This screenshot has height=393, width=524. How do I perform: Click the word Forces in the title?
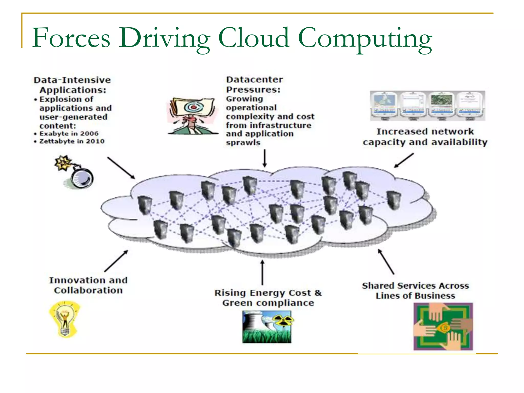(71, 38)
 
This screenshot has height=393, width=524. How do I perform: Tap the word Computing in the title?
(365, 38)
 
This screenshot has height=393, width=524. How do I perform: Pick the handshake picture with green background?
(443, 326)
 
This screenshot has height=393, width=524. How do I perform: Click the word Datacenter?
(255, 80)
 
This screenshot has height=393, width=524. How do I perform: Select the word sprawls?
(243, 143)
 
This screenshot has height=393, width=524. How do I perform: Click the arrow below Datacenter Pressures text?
(265, 158)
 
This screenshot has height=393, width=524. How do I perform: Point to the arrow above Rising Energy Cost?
(262, 272)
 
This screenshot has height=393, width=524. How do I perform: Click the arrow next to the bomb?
(121, 168)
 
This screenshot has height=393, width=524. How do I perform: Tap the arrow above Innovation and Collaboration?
(116, 261)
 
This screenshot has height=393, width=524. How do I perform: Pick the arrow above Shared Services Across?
(386, 261)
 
